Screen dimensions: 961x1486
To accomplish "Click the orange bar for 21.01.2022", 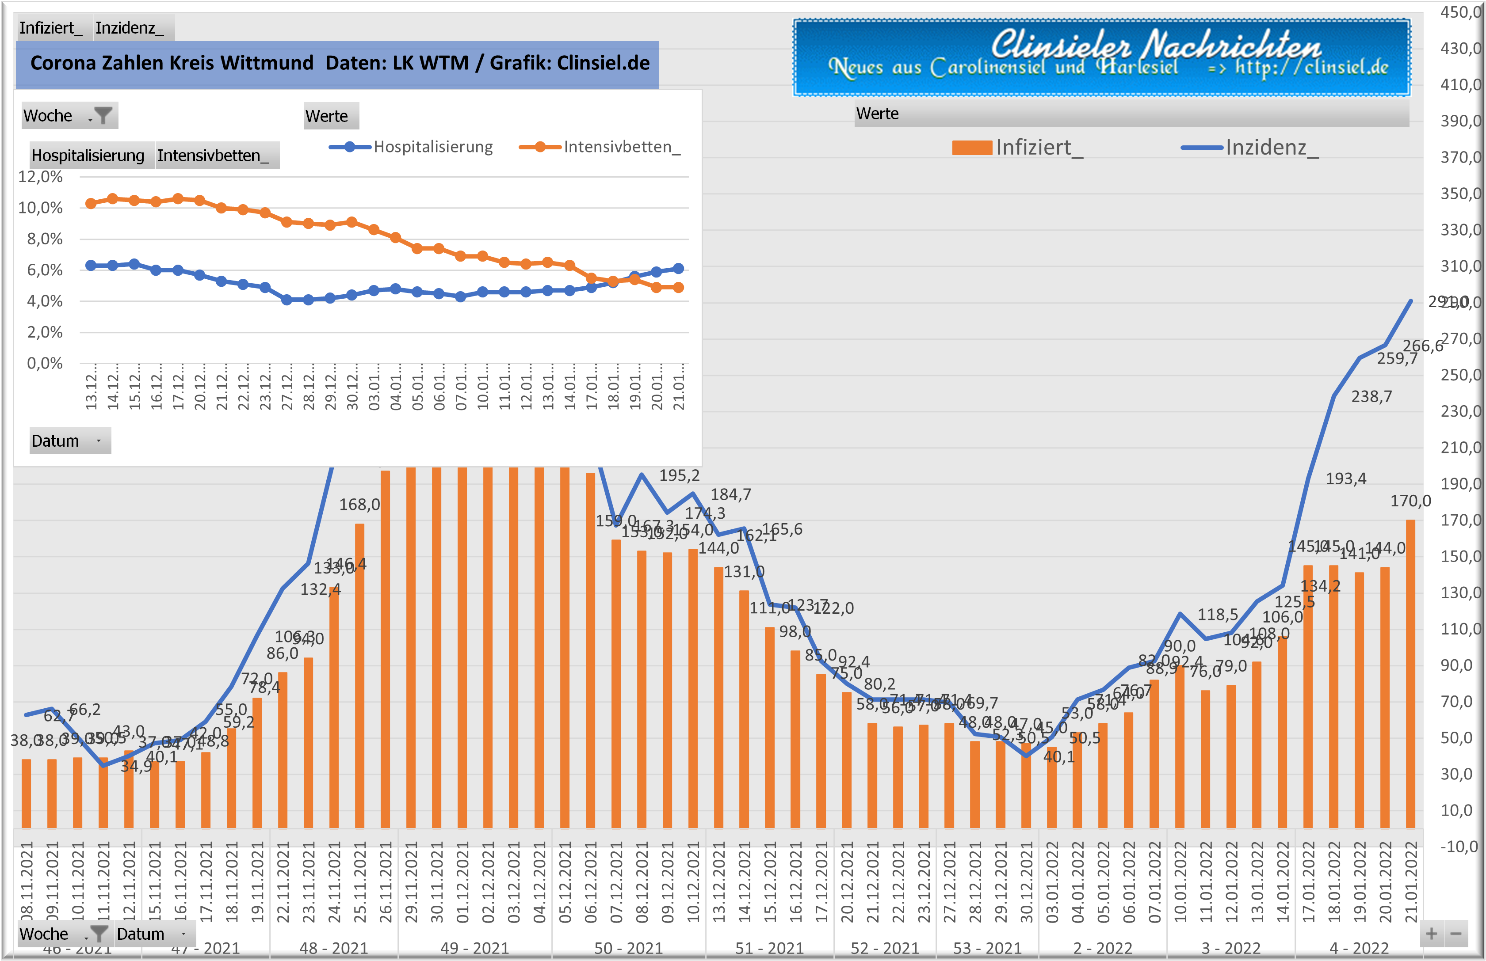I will (1410, 674).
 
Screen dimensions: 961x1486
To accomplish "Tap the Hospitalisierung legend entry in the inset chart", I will (412, 147).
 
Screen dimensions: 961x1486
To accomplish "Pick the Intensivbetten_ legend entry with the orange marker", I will (600, 147).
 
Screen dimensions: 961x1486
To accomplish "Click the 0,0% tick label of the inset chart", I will (44, 363).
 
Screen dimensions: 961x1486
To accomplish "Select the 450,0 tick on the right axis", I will (1460, 12).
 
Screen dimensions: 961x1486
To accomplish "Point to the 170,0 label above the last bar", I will (1410, 501).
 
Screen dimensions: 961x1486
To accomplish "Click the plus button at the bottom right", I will (1431, 934).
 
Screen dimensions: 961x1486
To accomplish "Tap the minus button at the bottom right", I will (1456, 934).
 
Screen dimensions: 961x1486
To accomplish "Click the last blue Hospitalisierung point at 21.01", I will (679, 268).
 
